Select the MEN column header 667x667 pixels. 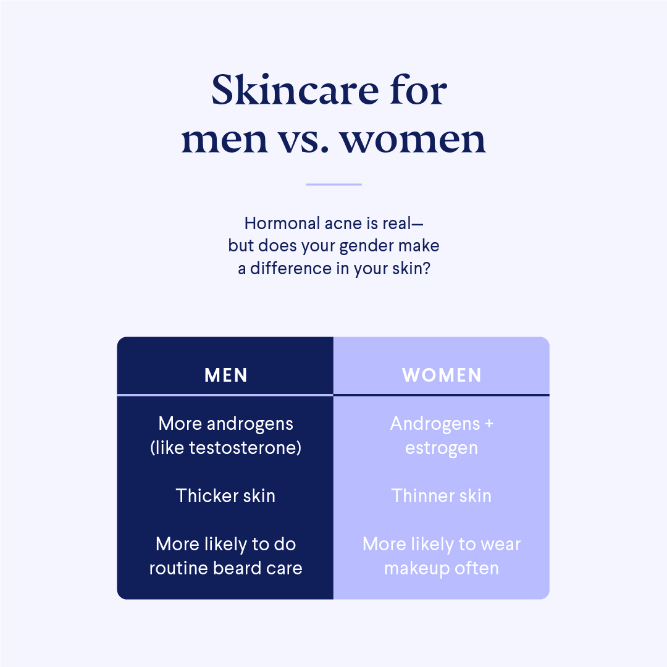pos(226,375)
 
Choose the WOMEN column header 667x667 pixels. pos(442,375)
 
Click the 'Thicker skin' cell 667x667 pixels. pos(225,495)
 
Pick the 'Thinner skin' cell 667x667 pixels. pos(442,495)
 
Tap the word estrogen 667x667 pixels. pos(442,447)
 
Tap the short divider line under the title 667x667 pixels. pos(333,184)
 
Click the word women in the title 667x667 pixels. pos(413,140)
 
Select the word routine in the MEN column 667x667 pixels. pos(179,568)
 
